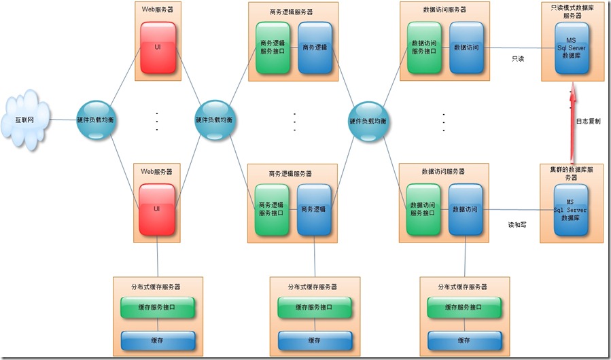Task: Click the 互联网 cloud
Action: [x=25, y=120]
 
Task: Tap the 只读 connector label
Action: [x=518, y=59]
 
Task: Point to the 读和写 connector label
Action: [x=517, y=224]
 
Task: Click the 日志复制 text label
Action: [x=588, y=122]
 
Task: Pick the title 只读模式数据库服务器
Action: [x=572, y=12]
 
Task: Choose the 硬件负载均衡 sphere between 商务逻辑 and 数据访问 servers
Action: [x=368, y=120]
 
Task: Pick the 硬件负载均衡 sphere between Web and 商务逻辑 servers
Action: [x=214, y=120]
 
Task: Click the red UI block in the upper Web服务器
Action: [x=158, y=47]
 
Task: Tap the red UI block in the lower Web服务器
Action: [x=158, y=209]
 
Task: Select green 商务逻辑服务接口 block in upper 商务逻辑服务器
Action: [x=273, y=48]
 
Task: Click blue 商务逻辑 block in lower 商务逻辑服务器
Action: [x=315, y=209]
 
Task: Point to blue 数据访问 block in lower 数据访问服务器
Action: [x=466, y=209]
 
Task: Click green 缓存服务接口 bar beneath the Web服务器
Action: [x=158, y=308]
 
